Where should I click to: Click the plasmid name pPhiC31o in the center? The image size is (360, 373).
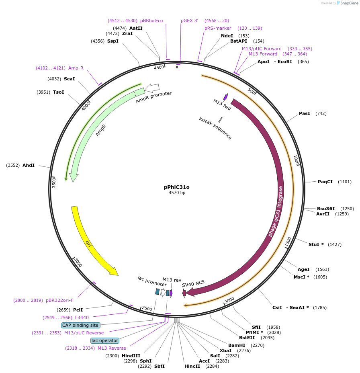(x=176, y=187)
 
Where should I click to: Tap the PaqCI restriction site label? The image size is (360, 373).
(x=325, y=182)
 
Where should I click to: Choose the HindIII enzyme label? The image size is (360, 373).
(x=131, y=356)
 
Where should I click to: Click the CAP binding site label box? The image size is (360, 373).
(x=80, y=325)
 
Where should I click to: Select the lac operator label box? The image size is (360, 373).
(x=105, y=340)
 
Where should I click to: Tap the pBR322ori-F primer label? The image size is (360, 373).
(x=60, y=300)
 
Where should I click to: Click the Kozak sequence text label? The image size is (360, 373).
(x=215, y=128)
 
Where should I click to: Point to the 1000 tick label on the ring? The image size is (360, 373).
(x=297, y=160)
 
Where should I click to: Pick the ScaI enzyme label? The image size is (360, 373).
(x=69, y=79)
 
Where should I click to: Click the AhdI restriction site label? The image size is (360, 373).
(x=29, y=165)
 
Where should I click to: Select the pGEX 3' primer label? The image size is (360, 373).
(x=189, y=20)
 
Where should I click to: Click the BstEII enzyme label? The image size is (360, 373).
(x=247, y=338)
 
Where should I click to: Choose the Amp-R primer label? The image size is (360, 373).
(x=76, y=68)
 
